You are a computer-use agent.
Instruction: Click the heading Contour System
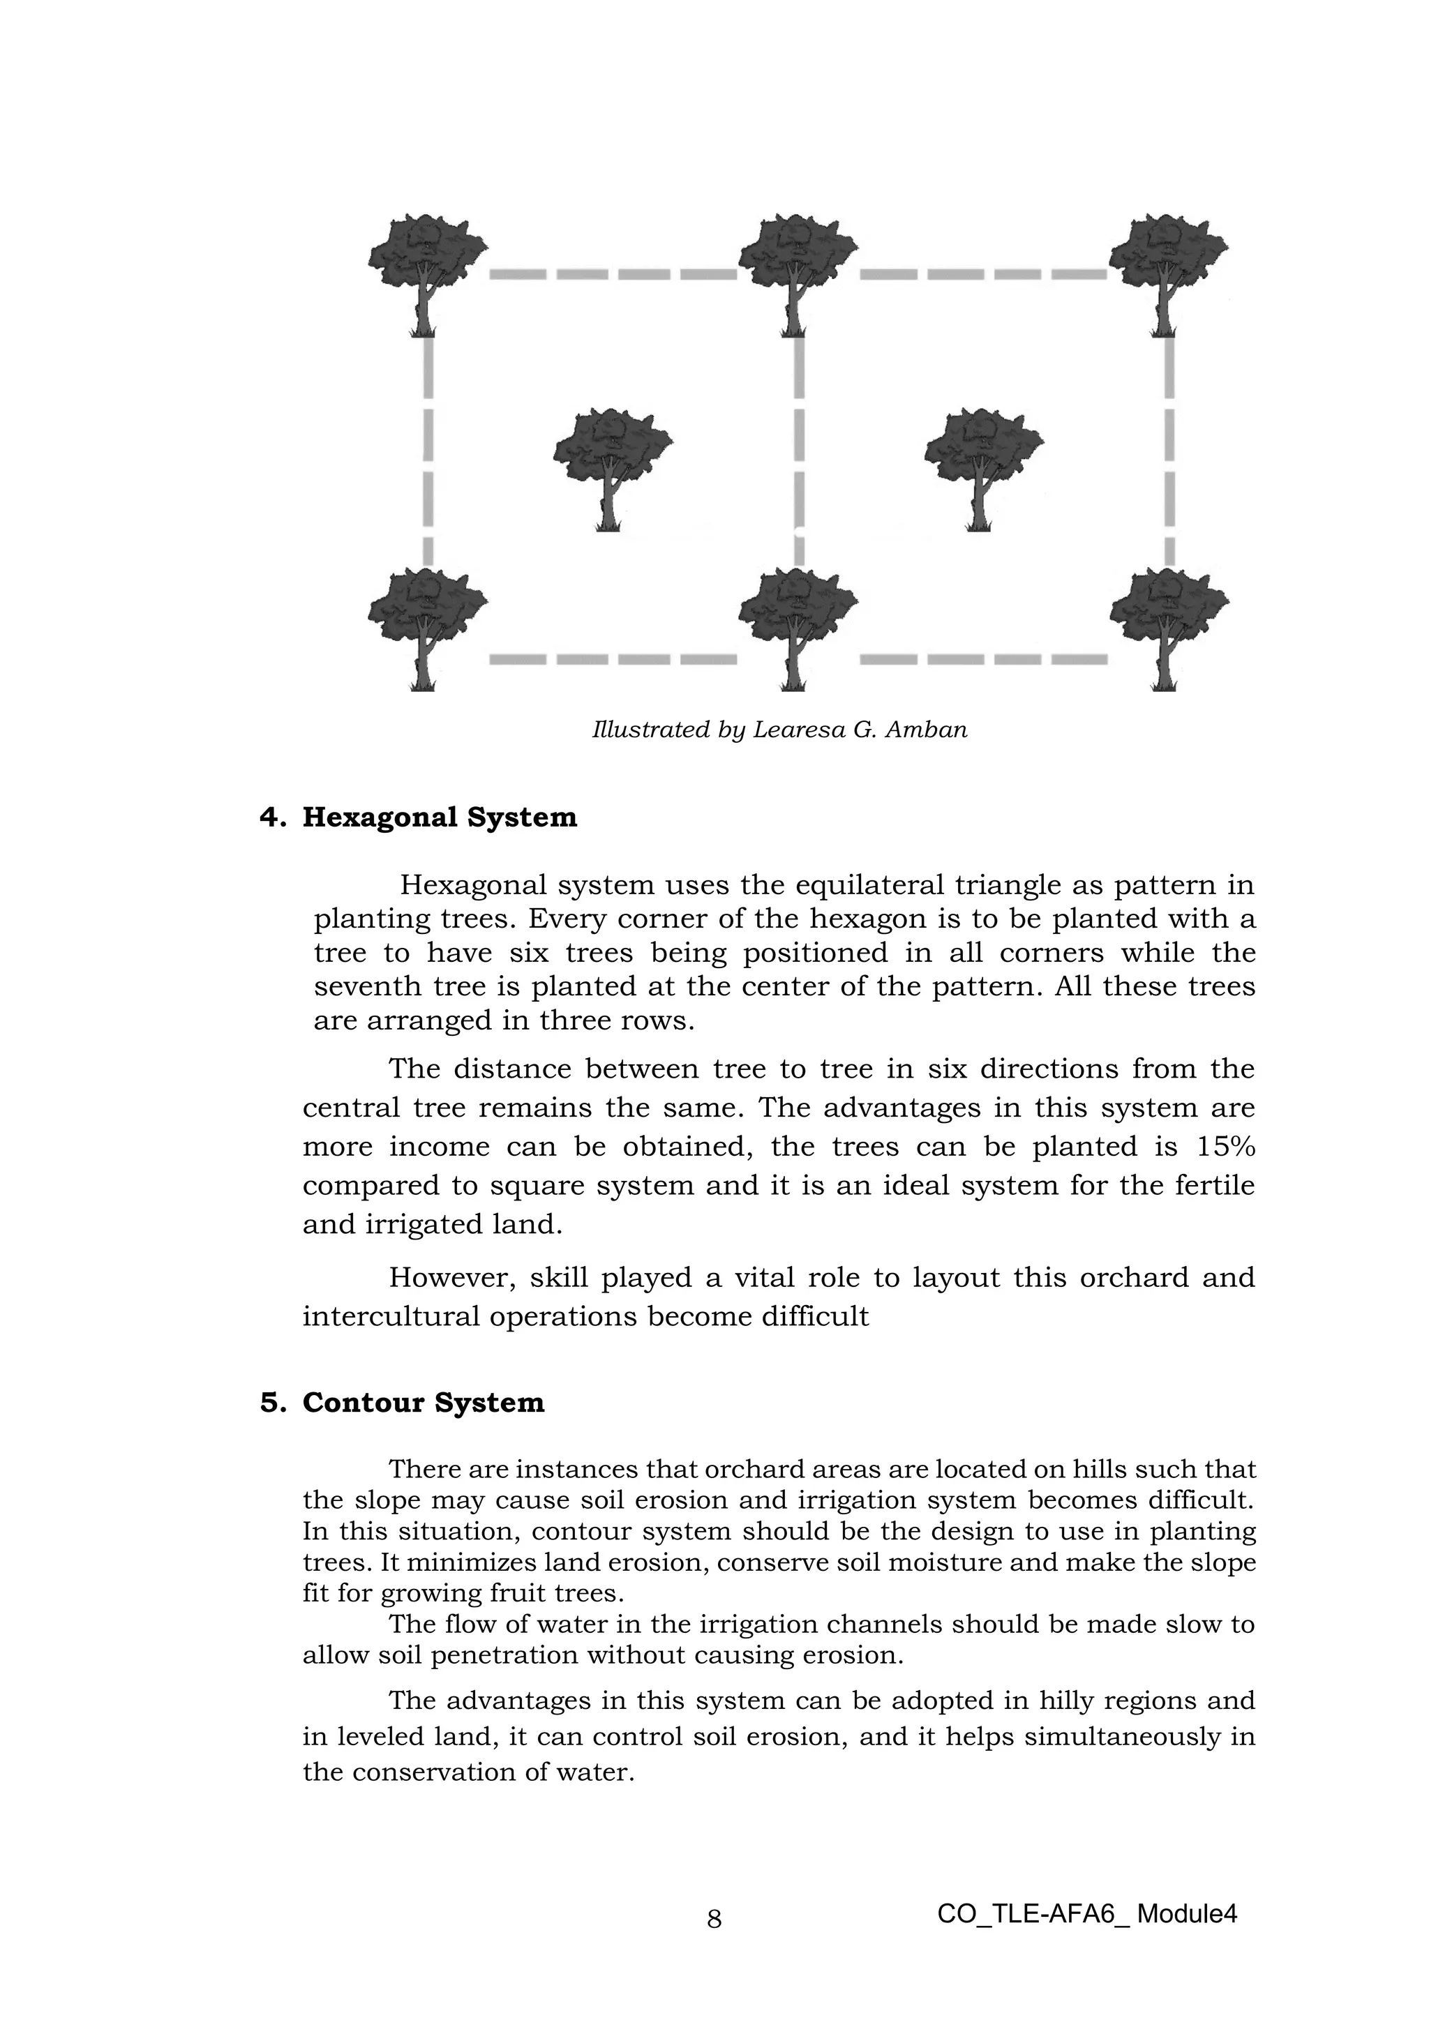point(424,1401)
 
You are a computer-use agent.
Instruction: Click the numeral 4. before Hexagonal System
point(272,817)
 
